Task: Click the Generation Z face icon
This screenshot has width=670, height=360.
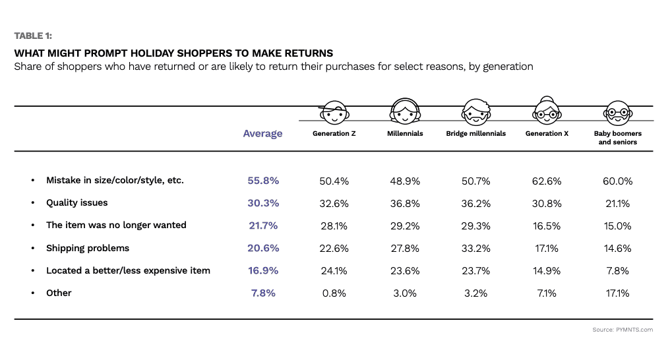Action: coord(334,115)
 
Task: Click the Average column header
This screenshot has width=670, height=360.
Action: coord(262,134)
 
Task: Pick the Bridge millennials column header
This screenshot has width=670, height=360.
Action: coord(476,133)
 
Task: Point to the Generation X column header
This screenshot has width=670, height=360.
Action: coord(547,133)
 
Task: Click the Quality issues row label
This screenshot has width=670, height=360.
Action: coord(76,203)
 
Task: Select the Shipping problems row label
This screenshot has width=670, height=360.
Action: coord(87,248)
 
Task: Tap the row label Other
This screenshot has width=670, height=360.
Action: coord(59,293)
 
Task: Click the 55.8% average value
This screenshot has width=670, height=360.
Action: coord(263,181)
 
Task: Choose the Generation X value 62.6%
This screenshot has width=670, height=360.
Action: coord(547,181)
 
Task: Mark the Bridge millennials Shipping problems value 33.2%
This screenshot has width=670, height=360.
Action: coord(475,249)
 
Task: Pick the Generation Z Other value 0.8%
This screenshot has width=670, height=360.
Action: coord(334,293)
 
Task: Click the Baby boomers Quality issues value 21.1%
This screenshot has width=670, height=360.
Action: coord(618,203)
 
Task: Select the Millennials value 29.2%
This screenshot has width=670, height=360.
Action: coord(405,225)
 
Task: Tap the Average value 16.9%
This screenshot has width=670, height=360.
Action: coord(263,271)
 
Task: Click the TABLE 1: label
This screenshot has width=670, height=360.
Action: coord(34,36)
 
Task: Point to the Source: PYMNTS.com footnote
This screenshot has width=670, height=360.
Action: coord(624,330)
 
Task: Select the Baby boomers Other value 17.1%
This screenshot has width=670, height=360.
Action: coord(618,293)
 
